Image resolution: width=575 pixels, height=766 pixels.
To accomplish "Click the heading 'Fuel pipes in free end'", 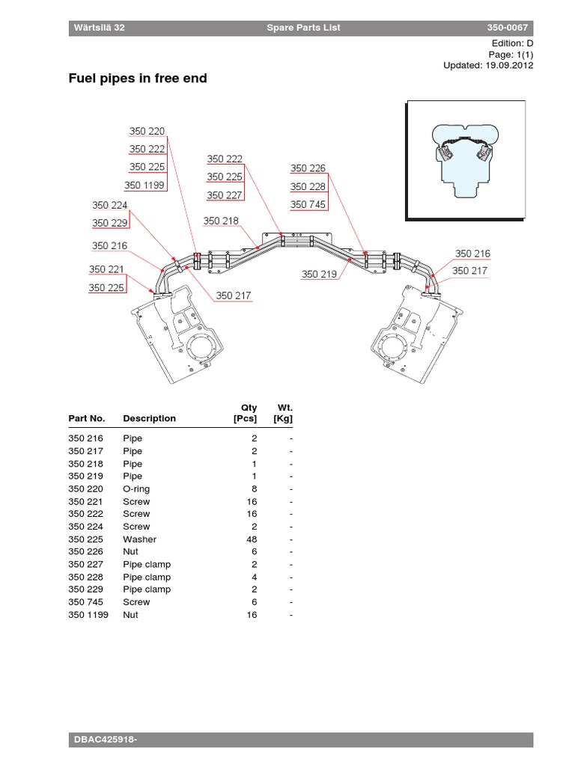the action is [138, 78].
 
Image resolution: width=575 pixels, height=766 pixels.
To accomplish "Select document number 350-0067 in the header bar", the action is [507, 28].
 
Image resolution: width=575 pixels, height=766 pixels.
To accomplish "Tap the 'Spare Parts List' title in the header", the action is [303, 28].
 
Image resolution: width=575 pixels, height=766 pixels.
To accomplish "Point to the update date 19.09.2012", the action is [509, 66].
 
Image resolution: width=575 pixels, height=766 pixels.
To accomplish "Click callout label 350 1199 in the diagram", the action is [144, 186].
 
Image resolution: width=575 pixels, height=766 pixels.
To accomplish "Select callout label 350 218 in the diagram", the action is [221, 221].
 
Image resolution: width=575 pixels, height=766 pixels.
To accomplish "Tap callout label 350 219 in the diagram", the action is [319, 274].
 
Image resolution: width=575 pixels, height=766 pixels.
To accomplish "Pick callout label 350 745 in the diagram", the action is [308, 204].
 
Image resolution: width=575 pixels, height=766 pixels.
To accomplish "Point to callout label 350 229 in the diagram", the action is [110, 223].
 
